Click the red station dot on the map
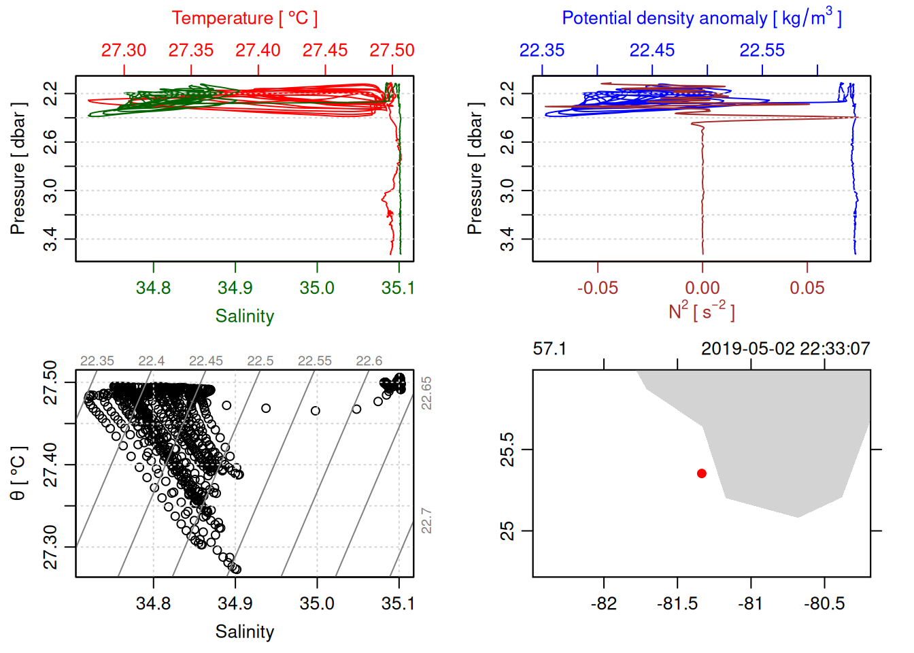point(701,473)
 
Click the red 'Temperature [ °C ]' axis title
point(244,18)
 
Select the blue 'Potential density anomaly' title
point(701,18)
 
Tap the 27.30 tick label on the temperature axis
point(124,50)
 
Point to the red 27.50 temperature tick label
point(392,50)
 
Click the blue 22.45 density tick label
point(652,50)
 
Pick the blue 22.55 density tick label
point(762,50)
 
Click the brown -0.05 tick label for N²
point(598,288)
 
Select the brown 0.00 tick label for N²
point(703,288)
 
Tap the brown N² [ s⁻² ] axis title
point(701,311)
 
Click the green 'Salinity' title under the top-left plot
point(244,316)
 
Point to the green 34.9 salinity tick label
point(235,288)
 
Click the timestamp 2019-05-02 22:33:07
point(785,349)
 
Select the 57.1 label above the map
point(549,349)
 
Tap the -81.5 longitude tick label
point(677,603)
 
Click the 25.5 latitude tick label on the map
point(507,450)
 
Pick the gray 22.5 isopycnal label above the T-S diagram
point(260,361)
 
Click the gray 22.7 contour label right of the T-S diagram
point(426,520)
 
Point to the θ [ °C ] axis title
point(18,473)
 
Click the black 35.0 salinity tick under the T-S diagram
point(317,603)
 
